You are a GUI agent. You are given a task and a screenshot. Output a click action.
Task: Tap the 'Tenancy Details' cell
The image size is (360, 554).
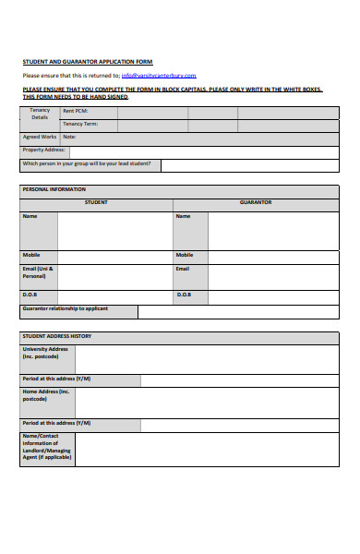point(40,114)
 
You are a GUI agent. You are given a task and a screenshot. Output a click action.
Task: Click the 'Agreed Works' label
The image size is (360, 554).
point(40,137)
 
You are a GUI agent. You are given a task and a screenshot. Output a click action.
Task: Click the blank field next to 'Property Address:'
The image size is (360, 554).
point(203,151)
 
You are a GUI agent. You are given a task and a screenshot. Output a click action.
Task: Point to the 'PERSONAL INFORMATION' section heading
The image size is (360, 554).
point(54,189)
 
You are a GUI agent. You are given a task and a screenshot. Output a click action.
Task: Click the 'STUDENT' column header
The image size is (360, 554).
point(96,202)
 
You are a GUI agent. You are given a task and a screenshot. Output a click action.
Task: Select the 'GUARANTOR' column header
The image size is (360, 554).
point(256,202)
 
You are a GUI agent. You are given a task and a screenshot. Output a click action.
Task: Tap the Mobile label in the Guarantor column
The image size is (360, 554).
point(185,255)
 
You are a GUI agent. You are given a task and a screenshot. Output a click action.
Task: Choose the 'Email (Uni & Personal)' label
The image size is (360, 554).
point(38,272)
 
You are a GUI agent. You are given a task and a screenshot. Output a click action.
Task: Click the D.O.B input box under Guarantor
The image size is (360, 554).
point(272,295)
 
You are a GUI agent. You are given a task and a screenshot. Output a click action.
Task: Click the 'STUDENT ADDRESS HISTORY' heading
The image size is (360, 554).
point(57,336)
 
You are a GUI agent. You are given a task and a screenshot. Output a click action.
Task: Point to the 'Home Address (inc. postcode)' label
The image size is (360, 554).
point(46,396)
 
